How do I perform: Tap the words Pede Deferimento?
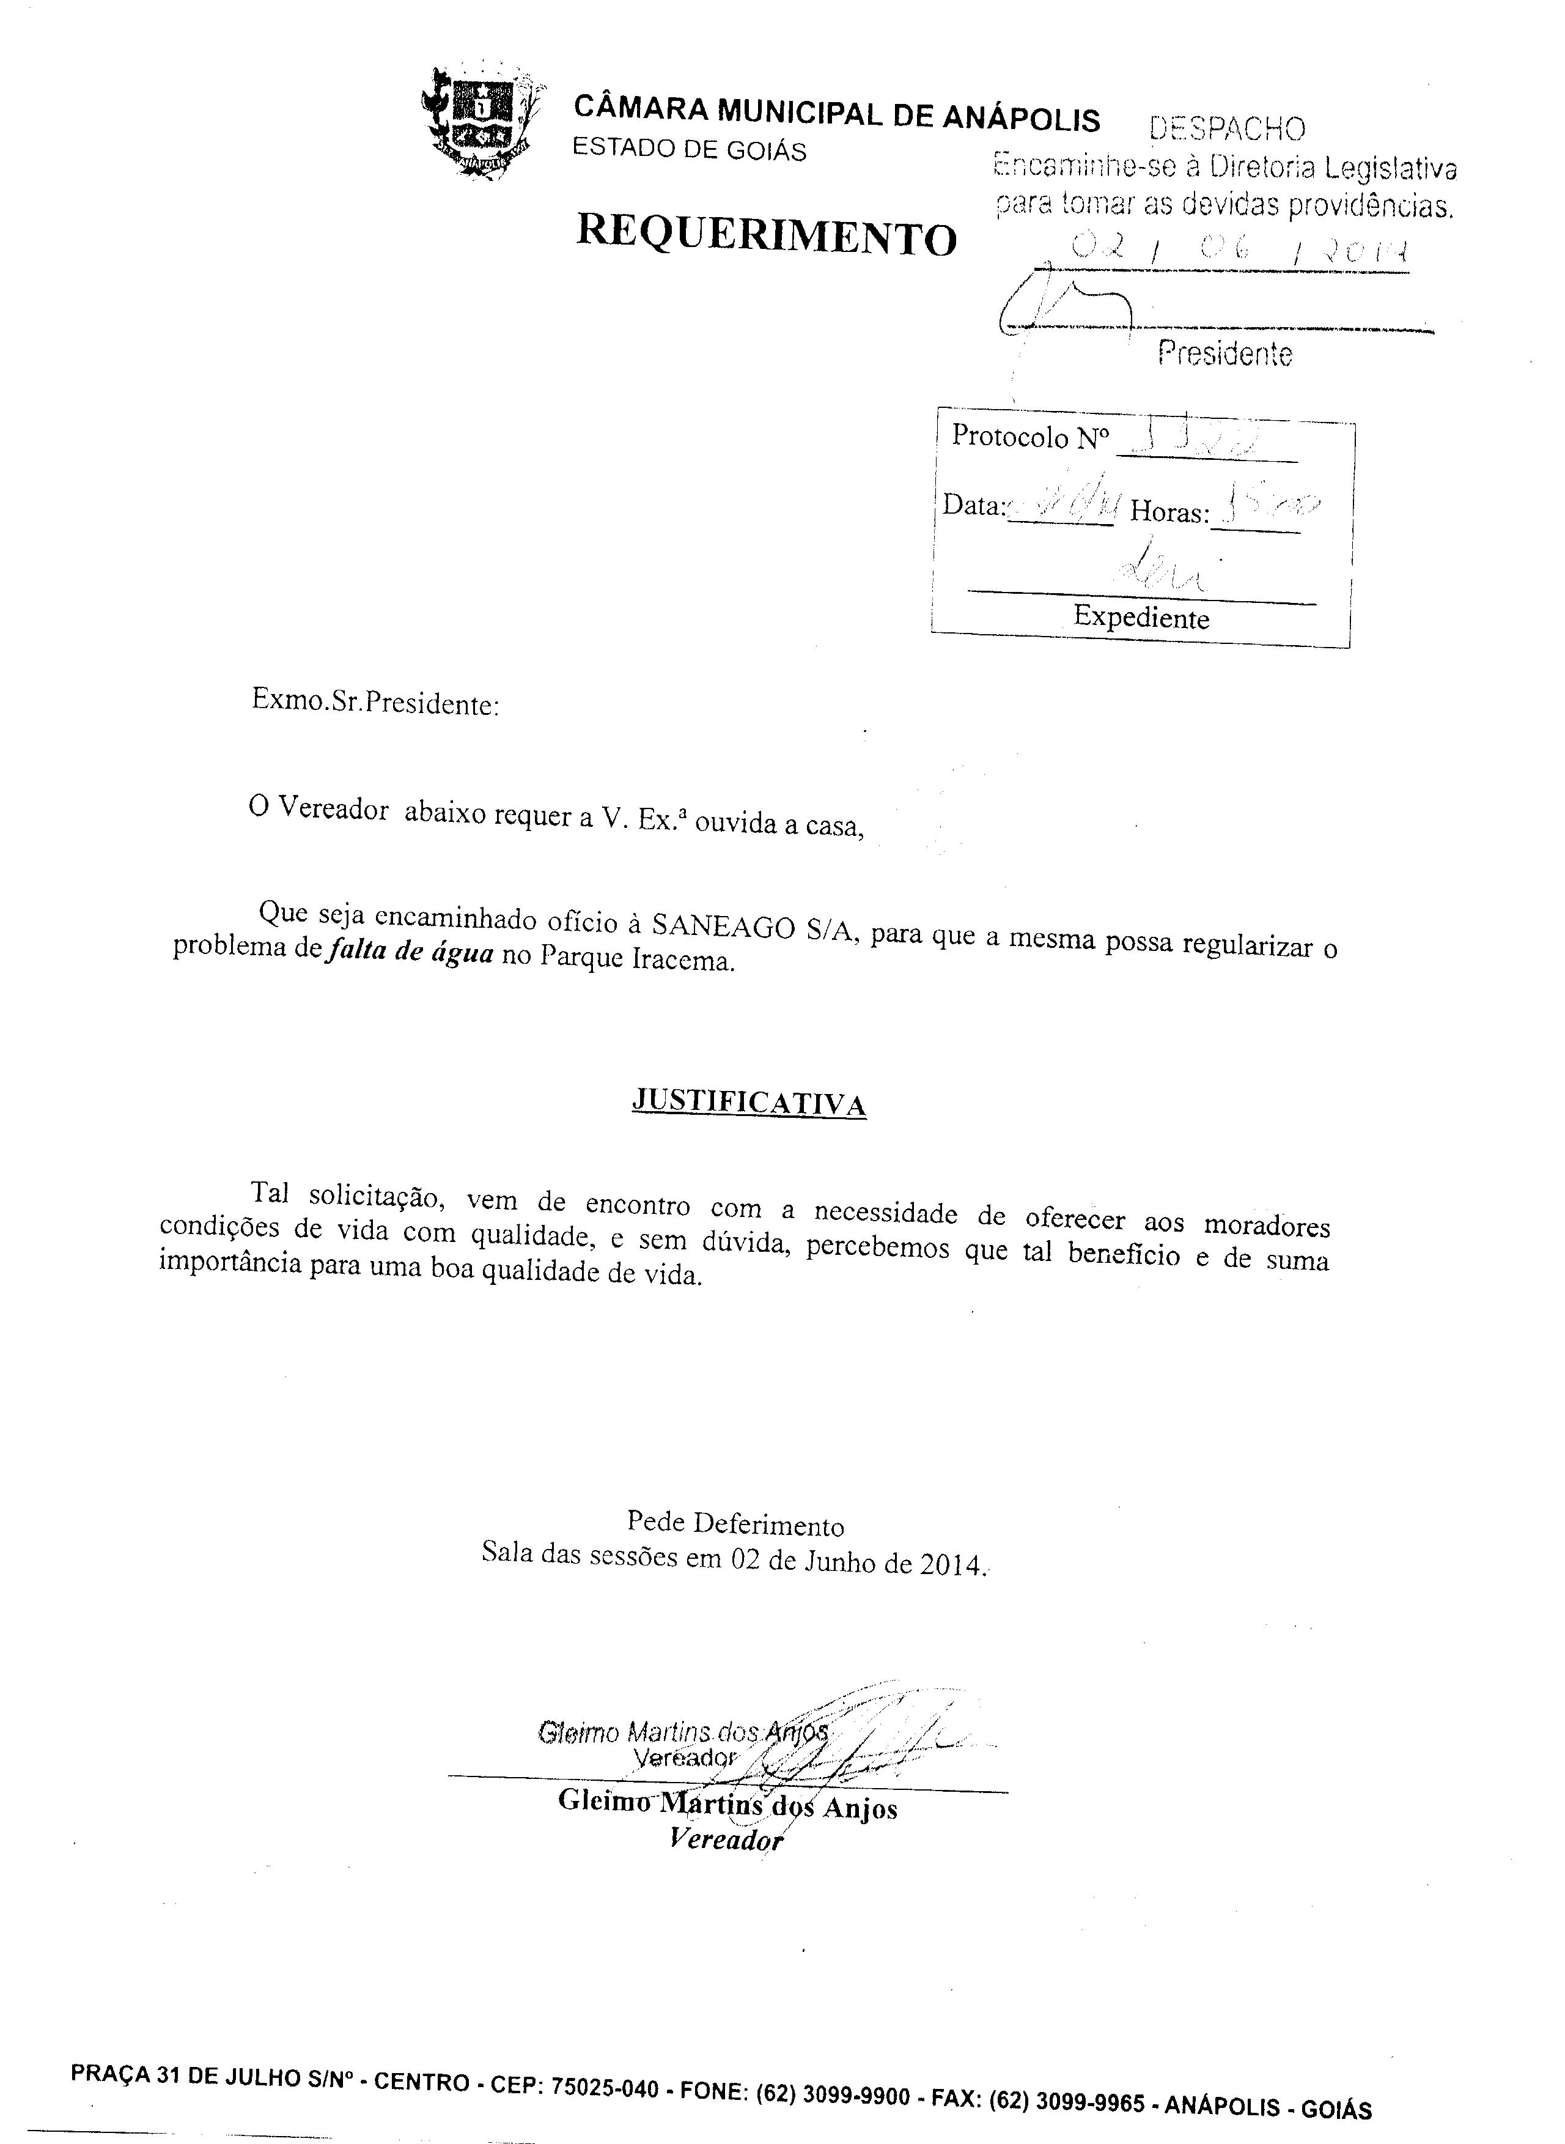pos(735,1525)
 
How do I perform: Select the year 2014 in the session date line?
pos(948,1565)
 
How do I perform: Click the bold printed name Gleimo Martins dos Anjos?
pos(727,1803)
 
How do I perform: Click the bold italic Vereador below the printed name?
pos(726,1839)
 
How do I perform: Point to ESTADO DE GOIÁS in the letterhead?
pos(690,150)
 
